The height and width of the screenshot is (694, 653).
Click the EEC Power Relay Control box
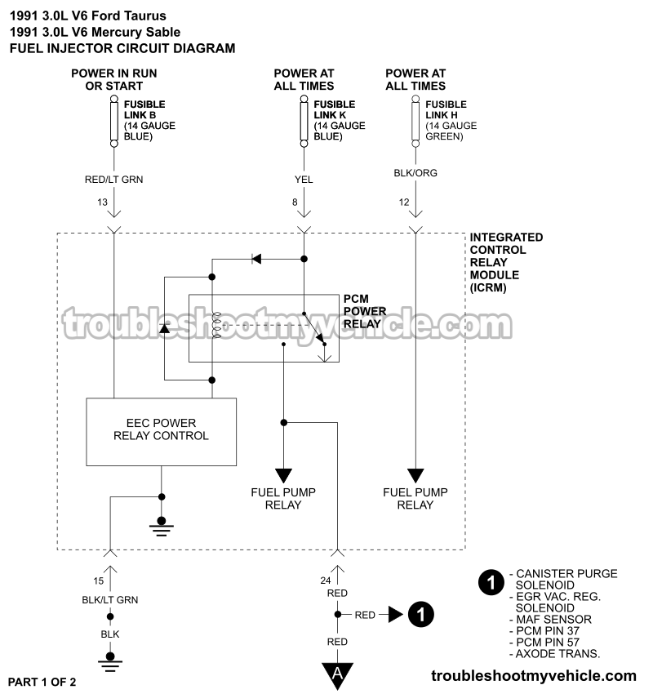(x=162, y=431)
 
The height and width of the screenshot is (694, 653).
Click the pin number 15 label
(x=100, y=581)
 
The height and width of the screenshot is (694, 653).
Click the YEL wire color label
(x=304, y=180)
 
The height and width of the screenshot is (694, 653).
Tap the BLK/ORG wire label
(x=415, y=180)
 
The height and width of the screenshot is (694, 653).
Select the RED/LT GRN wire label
(x=113, y=180)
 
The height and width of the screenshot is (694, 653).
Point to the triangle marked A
(x=337, y=674)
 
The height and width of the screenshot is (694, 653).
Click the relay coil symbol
(x=216, y=325)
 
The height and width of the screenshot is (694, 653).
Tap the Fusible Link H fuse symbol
(x=415, y=120)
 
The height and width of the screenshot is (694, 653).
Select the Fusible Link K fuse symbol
(x=304, y=120)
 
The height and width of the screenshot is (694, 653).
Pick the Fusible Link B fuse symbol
(x=113, y=120)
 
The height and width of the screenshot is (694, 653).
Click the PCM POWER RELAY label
(x=364, y=311)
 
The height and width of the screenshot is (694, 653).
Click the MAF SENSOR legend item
(x=553, y=620)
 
